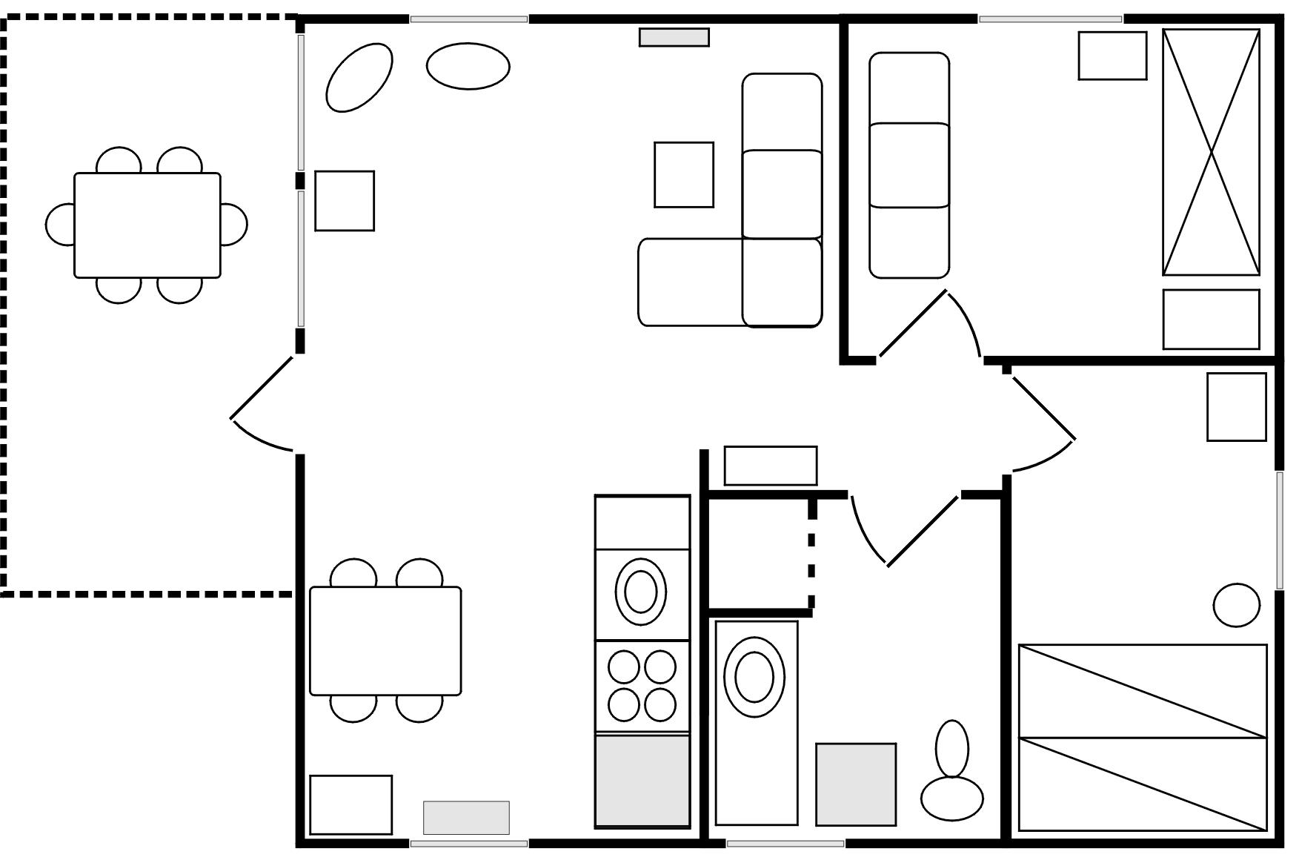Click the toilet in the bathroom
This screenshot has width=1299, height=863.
coord(952,778)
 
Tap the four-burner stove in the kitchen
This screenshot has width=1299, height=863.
coord(642,687)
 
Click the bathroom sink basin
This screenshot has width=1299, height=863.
coord(754,676)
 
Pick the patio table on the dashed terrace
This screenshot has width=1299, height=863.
coord(147,225)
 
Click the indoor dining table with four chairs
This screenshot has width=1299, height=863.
coord(385,641)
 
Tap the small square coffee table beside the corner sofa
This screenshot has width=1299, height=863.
coord(683,175)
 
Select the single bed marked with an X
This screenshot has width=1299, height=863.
coord(1211,152)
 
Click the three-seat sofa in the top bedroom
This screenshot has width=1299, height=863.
coord(908,165)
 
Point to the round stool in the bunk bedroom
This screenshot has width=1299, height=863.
coord(1236,604)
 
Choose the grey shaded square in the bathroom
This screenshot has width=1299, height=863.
coord(855,784)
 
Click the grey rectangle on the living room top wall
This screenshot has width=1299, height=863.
coord(674,37)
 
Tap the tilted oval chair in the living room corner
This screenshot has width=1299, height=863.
coord(359,78)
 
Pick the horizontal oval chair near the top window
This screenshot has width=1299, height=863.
coord(468,67)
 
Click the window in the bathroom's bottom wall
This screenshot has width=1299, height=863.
coord(785,844)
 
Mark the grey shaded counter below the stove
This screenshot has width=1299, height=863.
coord(642,780)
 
